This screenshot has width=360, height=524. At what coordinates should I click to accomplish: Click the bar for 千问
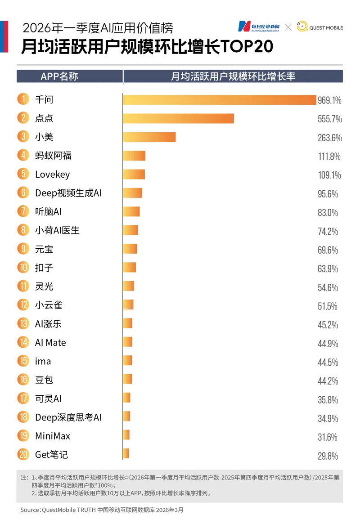click(220, 99)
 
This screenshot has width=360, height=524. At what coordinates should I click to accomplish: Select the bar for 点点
click(178, 118)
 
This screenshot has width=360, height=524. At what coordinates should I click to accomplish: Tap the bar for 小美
click(149, 137)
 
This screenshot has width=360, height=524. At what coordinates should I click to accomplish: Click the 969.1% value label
click(329, 100)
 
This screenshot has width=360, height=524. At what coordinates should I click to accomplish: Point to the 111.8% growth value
click(329, 156)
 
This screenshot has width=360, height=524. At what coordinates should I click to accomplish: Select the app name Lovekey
click(52, 175)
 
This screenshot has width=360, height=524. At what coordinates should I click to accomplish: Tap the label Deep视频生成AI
click(68, 193)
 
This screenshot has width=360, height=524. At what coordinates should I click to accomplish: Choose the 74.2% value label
click(328, 231)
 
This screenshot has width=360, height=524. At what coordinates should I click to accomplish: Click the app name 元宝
click(44, 249)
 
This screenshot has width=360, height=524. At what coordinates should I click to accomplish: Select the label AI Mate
click(50, 343)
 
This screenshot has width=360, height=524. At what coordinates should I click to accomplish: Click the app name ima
click(43, 361)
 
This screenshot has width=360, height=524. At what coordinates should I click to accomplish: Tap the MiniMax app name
click(53, 436)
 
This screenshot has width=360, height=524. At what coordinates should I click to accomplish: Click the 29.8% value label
click(328, 456)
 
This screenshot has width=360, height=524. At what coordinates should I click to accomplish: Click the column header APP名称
click(59, 76)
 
